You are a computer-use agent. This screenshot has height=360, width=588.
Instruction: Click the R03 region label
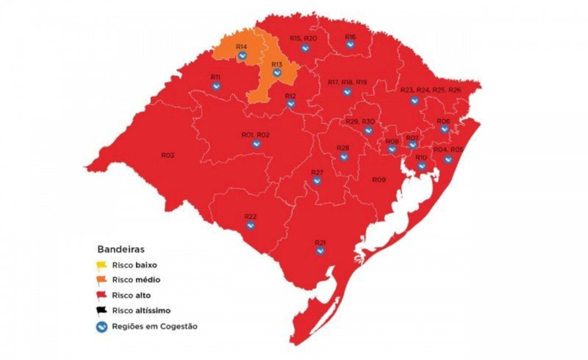pos(168,156)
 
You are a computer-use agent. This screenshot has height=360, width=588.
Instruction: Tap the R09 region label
pos(378,180)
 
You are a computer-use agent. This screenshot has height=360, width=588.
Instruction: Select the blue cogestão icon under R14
pos(242,56)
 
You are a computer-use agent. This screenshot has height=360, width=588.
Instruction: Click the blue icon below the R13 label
pos(277,73)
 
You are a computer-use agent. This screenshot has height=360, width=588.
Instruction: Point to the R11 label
pos(216,77)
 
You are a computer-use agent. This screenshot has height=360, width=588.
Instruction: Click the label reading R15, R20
pos(303,38)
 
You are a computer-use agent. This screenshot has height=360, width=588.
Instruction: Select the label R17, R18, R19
pos(347,83)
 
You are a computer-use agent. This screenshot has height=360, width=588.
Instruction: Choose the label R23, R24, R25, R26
pos(431,90)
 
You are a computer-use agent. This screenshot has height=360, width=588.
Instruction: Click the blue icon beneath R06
pos(444,129)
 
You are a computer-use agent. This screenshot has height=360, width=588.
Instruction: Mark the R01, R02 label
pos(256,135)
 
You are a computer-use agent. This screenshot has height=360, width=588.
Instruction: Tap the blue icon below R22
pos(250,225)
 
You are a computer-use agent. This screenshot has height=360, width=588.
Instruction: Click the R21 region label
pos(320,242)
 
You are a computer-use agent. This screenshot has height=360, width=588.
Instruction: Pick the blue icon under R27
pos(317,181)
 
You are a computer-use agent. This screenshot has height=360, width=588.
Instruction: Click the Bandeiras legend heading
pos(120,250)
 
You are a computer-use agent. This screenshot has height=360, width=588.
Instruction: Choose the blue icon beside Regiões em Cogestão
pos(102,327)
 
